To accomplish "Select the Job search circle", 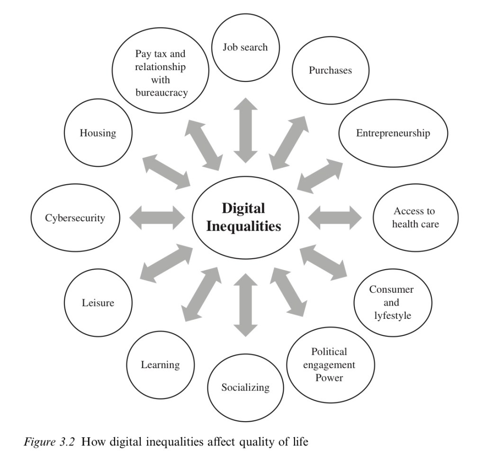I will click(245, 48).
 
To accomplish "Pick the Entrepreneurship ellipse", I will click(393, 133).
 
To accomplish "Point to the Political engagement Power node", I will click(330, 365).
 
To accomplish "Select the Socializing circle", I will click(245, 388).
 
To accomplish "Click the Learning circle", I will click(161, 365).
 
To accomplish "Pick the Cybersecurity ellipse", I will click(75, 218).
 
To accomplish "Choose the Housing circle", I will click(98, 133).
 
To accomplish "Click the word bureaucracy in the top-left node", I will click(162, 92).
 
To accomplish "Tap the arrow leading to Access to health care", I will click(334, 217).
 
